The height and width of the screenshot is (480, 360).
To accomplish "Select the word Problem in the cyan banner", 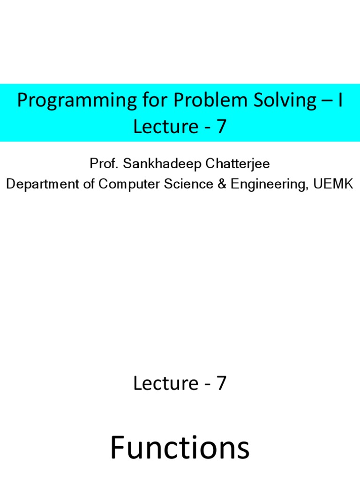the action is coord(211,100).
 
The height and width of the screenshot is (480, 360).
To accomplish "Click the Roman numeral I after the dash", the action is coord(340,100).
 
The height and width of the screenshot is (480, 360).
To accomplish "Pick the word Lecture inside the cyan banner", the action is coord(165,126).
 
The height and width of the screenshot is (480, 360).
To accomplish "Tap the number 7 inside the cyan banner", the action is coord(221,126).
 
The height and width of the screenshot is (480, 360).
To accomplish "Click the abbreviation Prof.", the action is coord(104,164).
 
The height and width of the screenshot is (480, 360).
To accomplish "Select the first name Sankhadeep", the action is coord(162,164).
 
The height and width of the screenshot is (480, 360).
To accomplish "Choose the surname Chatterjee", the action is coord(238,164).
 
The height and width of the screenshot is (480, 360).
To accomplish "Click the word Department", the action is coord(43,184).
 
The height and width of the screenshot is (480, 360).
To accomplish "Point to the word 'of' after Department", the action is coord(89,184).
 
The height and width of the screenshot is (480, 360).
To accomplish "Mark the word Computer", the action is coord(129,184).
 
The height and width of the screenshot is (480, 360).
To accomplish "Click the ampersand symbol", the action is coord(222,184).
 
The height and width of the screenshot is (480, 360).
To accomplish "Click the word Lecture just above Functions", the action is coord(165,383).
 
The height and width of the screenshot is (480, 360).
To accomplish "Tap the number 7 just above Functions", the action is coord(221,383).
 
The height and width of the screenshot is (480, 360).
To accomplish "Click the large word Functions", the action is coord(180,447).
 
